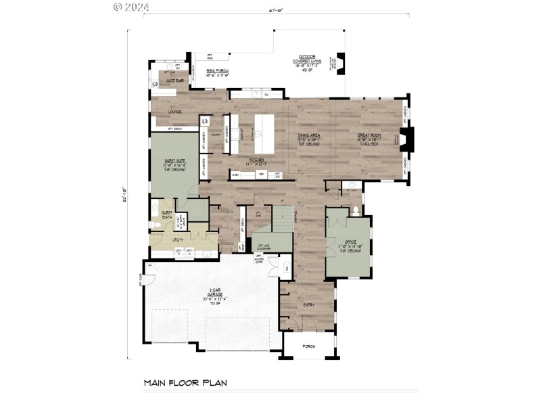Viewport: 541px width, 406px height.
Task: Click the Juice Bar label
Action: (x=166, y=81)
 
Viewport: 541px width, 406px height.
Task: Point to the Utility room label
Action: (x=159, y=239)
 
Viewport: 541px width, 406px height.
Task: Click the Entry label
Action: (x=308, y=305)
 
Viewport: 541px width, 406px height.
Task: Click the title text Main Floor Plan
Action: (x=185, y=383)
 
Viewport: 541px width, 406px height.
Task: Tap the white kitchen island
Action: (x=266, y=133)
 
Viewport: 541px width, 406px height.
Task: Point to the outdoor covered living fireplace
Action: (x=342, y=61)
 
